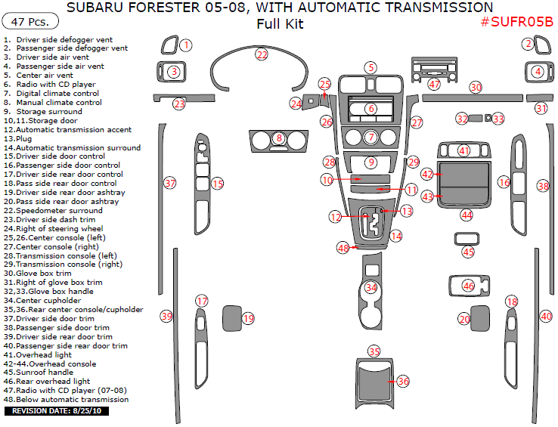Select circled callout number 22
tap(262, 55)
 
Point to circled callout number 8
tap(279, 138)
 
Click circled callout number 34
tap(370, 288)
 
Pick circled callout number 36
tap(403, 382)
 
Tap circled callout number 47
tap(434, 85)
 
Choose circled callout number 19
tap(249, 319)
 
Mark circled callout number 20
tap(464, 319)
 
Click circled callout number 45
tap(469, 252)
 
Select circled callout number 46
tap(469, 286)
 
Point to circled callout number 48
tap(343, 248)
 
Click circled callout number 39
tap(166, 316)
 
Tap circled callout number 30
tap(476, 88)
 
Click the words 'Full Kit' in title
tap(280, 23)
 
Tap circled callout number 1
tap(185, 45)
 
